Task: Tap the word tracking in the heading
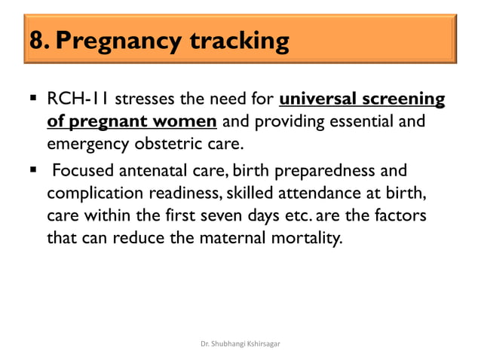pos(243,41)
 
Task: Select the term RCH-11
pos(78,100)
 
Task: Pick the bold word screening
pos(405,100)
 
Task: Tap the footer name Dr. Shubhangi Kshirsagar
pos(241,344)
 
